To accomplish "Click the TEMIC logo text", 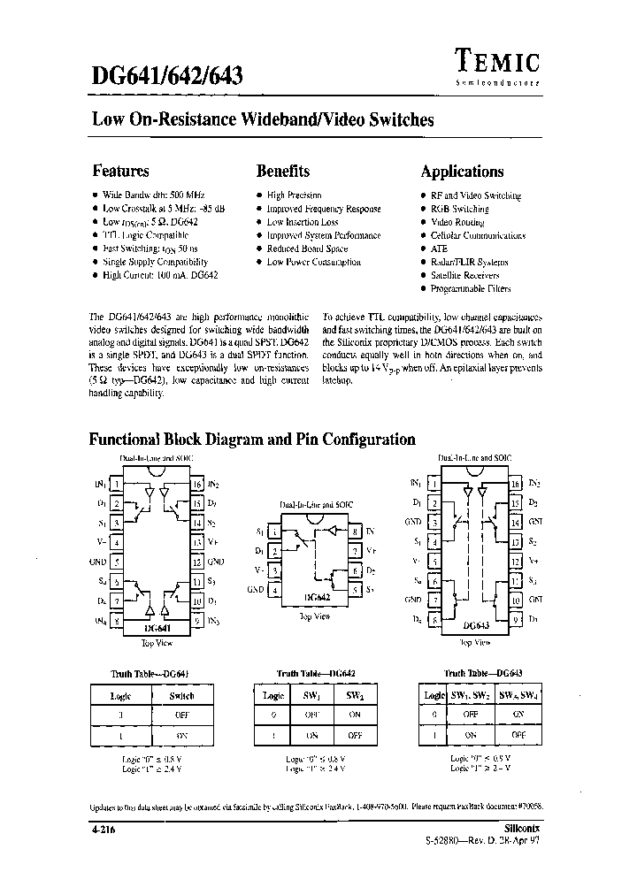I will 498,60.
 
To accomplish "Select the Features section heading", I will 120,172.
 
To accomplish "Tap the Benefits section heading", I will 282,172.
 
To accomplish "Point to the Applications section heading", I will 462,172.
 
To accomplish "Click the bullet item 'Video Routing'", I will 457,223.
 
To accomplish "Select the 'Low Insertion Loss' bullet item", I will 303,223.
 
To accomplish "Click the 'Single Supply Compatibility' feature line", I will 155,263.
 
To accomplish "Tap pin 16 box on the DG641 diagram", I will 197,485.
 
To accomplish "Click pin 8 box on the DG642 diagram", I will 354,532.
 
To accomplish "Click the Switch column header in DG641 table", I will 180,696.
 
